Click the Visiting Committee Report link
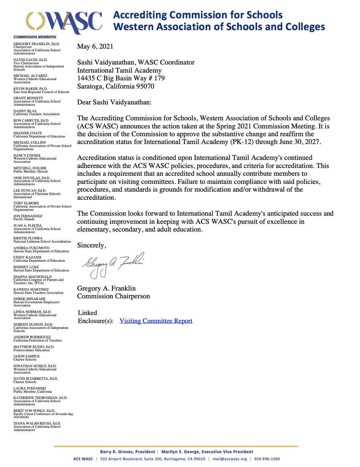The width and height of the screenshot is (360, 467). [156, 321]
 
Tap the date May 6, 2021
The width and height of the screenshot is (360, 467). [95, 46]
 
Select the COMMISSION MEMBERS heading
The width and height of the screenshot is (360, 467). [35, 37]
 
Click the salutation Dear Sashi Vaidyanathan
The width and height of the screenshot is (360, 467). [114, 102]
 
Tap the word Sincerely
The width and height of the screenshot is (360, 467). [91, 245]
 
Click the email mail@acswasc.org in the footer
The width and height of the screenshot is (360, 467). [230, 459]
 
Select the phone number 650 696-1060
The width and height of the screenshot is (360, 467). [267, 459]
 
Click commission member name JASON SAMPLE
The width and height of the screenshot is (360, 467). [27, 356]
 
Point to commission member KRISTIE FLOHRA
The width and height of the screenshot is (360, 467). [28, 238]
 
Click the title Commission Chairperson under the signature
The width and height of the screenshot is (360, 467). [114, 296]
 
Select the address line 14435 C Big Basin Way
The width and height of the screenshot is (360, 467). [121, 78]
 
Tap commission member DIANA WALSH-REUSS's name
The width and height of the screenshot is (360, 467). [37, 424]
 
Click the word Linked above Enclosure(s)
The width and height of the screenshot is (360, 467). [88, 313]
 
